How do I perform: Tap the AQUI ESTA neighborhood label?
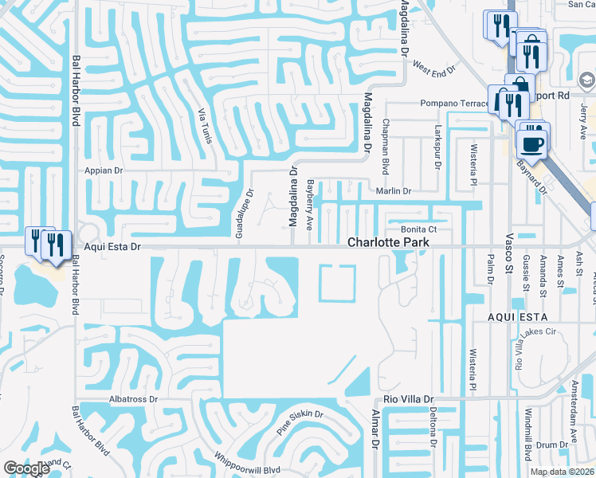[x=519, y=317]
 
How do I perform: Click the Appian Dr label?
[x=101, y=170]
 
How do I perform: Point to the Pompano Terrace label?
[x=453, y=104]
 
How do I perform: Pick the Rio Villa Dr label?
[x=408, y=398]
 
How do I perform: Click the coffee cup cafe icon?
[x=531, y=143]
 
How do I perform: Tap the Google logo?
[x=26, y=468]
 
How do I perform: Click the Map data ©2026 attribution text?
[x=562, y=472]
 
